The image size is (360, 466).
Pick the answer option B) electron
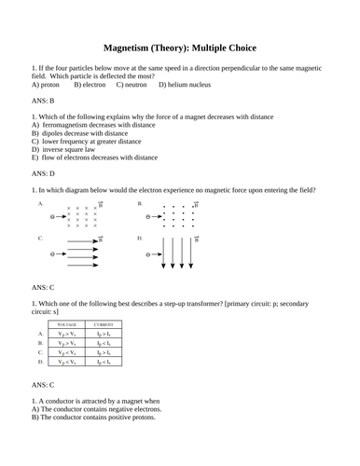coord(90,84)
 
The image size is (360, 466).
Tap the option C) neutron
coord(132,84)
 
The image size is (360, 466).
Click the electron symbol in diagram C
coord(52,254)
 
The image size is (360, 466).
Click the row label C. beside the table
coord(40,353)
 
